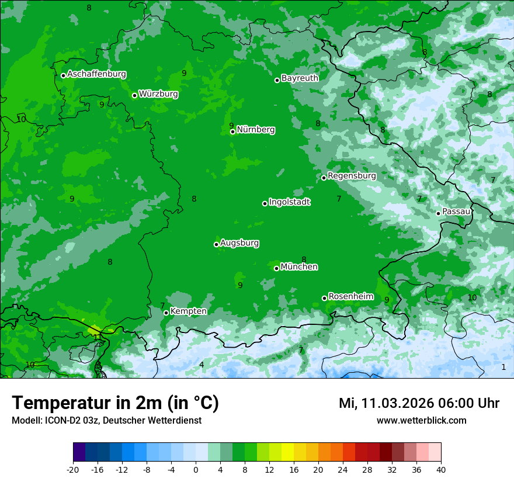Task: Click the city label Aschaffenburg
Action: click(96, 74)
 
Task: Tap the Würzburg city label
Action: click(158, 94)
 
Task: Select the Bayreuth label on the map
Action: click(300, 78)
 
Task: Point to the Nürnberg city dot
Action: click(232, 131)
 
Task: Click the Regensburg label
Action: click(352, 176)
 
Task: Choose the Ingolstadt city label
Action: click(289, 202)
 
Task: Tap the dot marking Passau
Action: click(438, 213)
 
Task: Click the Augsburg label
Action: click(239, 243)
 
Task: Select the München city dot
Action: click(276, 268)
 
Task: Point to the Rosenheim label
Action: click(350, 297)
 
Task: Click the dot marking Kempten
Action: click(166, 313)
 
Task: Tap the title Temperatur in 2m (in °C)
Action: click(115, 403)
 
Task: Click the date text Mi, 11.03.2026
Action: click(385, 403)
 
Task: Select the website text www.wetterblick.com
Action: click(421, 421)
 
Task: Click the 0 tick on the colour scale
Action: click(196, 470)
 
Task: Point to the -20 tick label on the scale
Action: click(73, 470)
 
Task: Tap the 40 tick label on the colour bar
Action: click(441, 470)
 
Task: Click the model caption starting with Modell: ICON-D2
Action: click(106, 421)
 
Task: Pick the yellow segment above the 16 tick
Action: click(287, 452)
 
